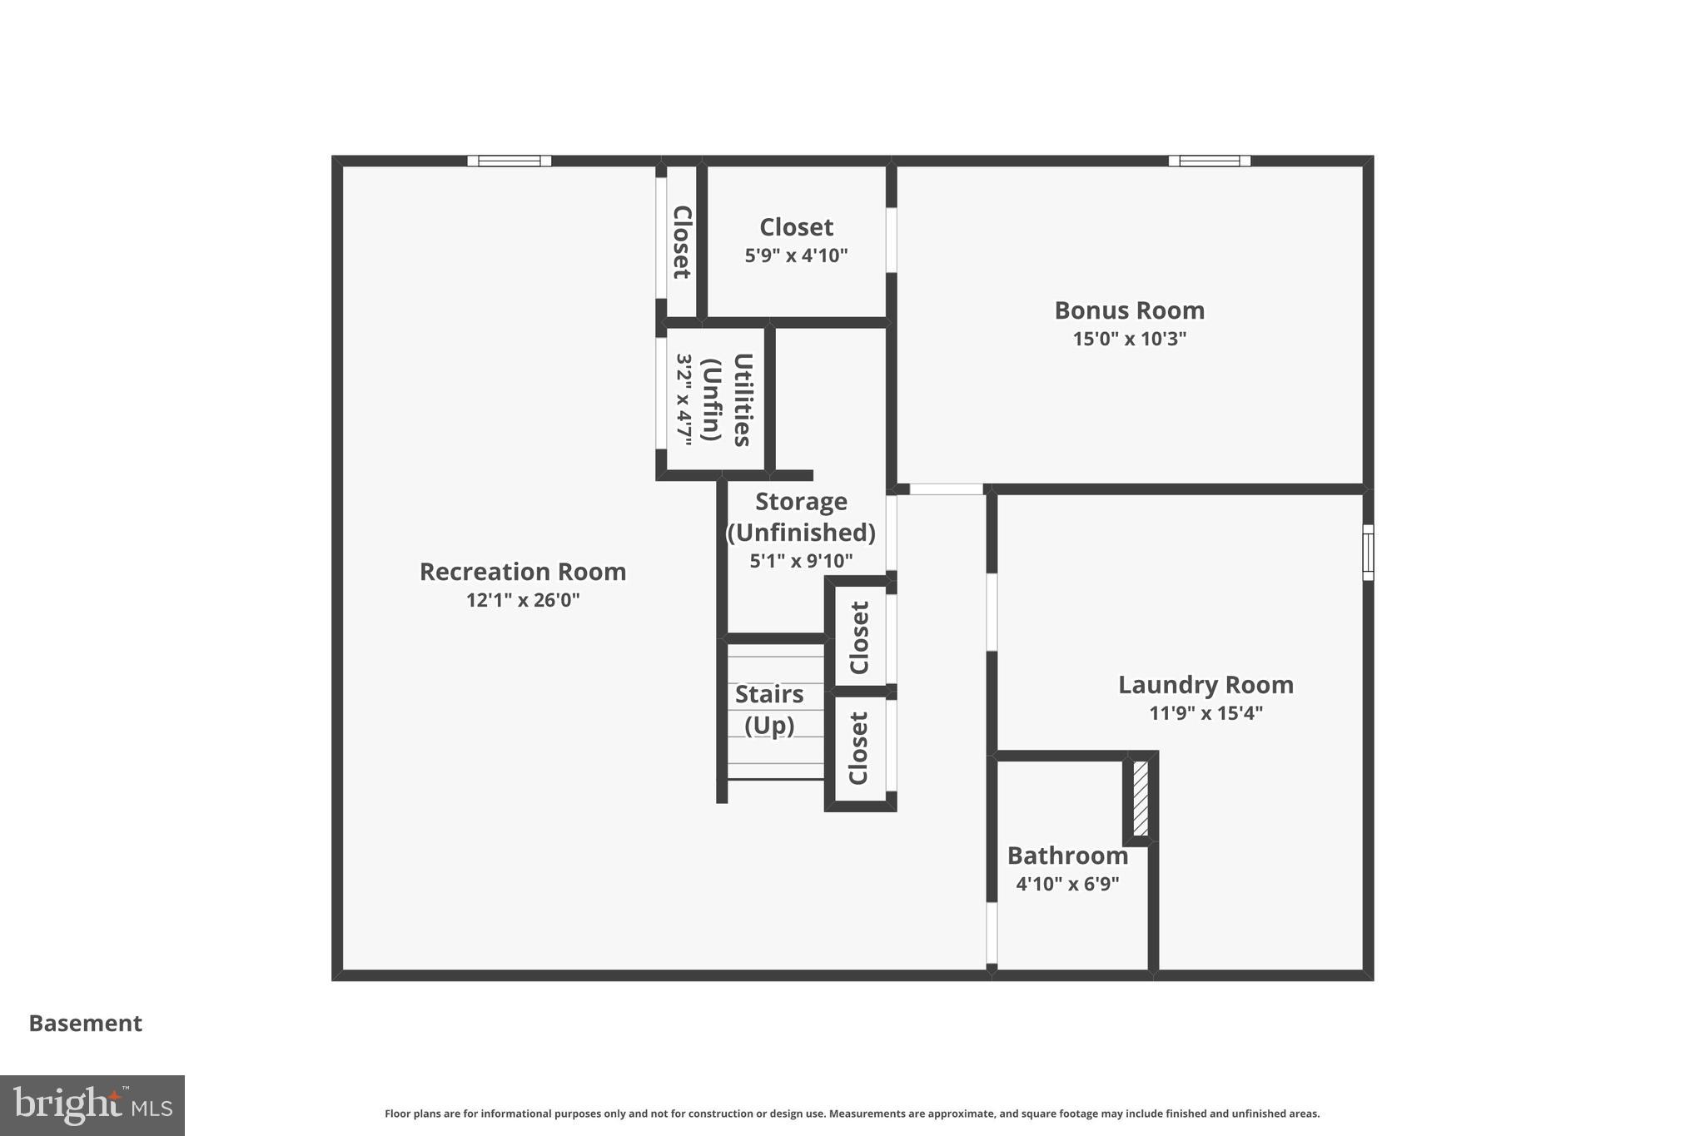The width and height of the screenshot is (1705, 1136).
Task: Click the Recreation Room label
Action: pyautogui.click(x=522, y=572)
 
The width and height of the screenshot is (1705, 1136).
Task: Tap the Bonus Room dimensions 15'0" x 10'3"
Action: pyautogui.click(x=1129, y=339)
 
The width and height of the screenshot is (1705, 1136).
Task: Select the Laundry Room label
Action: pyautogui.click(x=1205, y=685)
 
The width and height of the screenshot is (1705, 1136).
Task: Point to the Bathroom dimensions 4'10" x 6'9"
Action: pyautogui.click(x=1067, y=884)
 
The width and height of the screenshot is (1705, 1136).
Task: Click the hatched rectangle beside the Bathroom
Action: pyautogui.click(x=1141, y=798)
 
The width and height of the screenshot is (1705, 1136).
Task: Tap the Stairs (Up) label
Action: pyautogui.click(x=769, y=709)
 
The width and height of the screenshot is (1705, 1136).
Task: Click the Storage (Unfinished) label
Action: pyautogui.click(x=801, y=517)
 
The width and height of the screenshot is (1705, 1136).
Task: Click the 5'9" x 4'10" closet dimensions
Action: pyautogui.click(x=796, y=255)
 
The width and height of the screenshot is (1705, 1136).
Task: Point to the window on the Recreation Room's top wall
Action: pyautogui.click(x=509, y=161)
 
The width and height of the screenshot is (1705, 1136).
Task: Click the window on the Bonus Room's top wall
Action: pyautogui.click(x=1209, y=161)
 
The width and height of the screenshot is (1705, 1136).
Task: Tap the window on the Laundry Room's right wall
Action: pyautogui.click(x=1367, y=552)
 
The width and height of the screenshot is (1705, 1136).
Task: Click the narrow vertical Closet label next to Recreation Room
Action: pyautogui.click(x=682, y=241)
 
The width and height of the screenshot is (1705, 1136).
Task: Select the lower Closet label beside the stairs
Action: pyautogui.click(x=858, y=747)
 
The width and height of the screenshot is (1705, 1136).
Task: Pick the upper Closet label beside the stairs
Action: pyautogui.click(x=859, y=637)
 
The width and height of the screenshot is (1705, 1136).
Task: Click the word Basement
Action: pyautogui.click(x=85, y=1024)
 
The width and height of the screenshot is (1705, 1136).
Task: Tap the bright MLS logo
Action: pyautogui.click(x=92, y=1105)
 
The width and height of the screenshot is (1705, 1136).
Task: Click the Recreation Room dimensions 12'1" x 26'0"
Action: pyautogui.click(x=522, y=600)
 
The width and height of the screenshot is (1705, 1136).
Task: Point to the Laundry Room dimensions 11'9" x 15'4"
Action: pyautogui.click(x=1205, y=713)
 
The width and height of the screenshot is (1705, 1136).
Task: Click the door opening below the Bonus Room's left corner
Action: pyautogui.click(x=946, y=489)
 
